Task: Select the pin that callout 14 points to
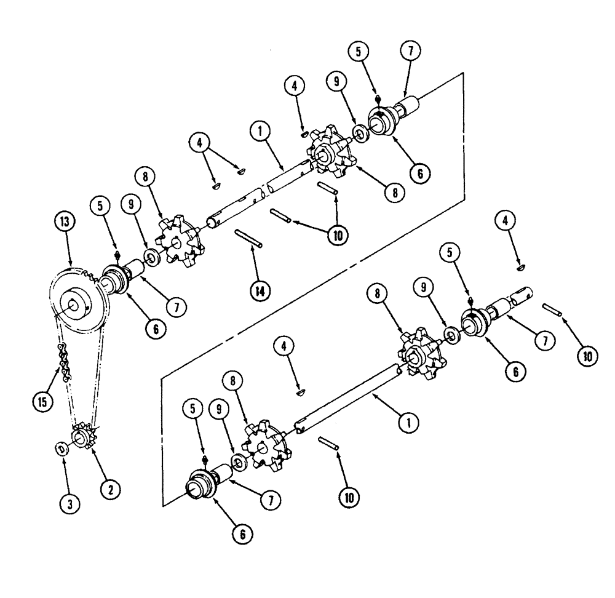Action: click(x=249, y=239)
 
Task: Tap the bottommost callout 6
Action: click(x=242, y=535)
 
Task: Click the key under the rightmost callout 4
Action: click(x=521, y=267)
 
